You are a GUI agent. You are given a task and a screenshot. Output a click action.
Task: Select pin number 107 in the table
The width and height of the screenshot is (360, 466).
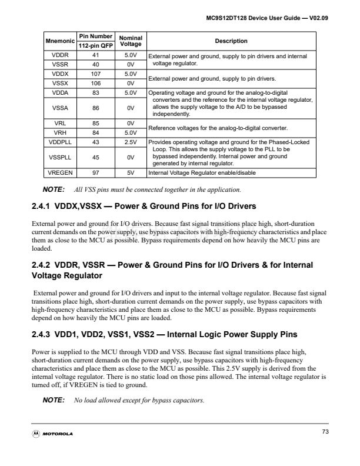coord(94,74)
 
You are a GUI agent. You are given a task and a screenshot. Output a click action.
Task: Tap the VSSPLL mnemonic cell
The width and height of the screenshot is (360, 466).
coord(60,158)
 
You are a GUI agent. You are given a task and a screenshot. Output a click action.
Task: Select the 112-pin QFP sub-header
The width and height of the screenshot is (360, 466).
coord(94,45)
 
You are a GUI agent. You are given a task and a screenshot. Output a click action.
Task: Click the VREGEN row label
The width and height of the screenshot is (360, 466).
coord(60,172)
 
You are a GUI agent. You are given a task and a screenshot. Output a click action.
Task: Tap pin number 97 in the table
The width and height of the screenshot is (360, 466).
coord(94,172)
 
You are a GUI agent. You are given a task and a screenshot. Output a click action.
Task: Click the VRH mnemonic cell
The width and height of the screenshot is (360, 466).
coord(60,133)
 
